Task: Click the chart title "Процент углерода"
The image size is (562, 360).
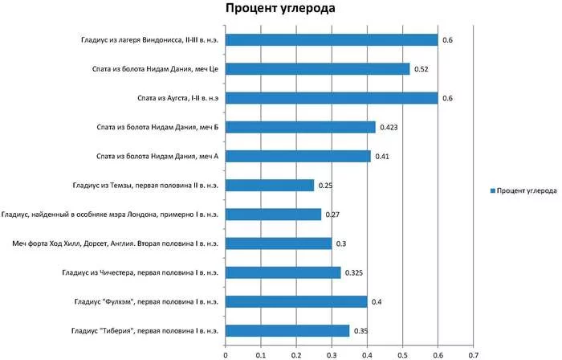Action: (x=280, y=8)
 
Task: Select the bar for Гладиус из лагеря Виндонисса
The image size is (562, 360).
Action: (x=332, y=40)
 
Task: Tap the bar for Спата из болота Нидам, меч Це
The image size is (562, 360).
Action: (x=318, y=69)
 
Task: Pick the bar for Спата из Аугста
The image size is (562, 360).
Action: (x=332, y=98)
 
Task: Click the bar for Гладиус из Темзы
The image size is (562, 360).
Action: (x=270, y=186)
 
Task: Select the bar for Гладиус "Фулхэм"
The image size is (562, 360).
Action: (x=296, y=301)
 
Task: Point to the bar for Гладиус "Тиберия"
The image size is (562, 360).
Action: (x=287, y=330)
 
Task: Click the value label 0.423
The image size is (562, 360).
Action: (x=389, y=127)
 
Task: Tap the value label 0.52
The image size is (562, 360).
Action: (x=421, y=69)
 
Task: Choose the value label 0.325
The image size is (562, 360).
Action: (x=354, y=273)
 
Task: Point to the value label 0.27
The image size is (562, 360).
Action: (x=332, y=215)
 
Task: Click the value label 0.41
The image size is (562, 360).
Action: (x=382, y=157)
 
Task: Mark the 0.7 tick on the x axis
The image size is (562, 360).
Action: (x=473, y=355)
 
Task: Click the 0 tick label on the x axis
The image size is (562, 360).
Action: (x=226, y=355)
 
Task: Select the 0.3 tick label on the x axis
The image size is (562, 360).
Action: (x=332, y=355)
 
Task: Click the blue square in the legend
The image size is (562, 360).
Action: (x=492, y=190)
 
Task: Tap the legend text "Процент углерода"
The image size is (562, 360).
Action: (x=527, y=190)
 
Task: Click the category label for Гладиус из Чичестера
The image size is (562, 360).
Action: (x=140, y=272)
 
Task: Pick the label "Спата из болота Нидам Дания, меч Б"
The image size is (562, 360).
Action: (x=157, y=127)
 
